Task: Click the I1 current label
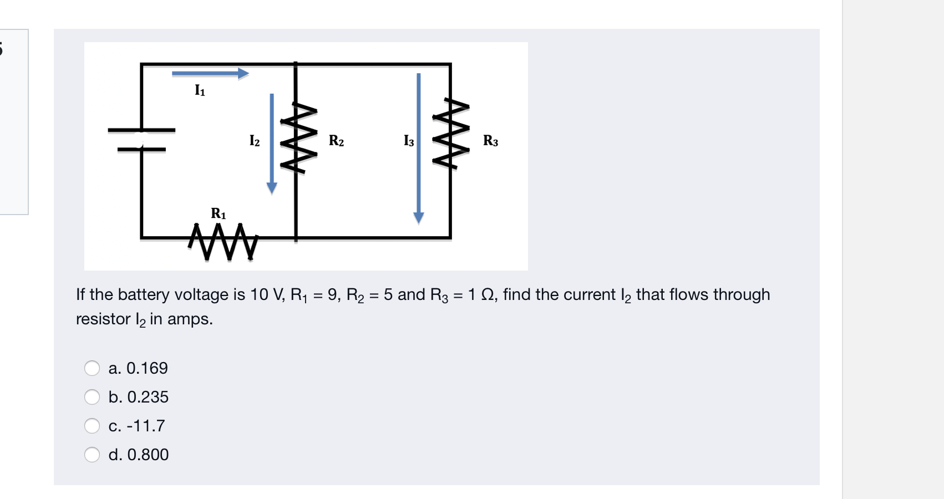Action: tap(200, 90)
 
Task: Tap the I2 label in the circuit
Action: tap(254, 141)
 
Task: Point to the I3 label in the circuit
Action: tap(409, 141)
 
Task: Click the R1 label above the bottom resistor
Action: tap(219, 213)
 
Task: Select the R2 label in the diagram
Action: tap(336, 141)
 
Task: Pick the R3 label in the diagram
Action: tap(490, 141)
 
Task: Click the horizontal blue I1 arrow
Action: tap(210, 73)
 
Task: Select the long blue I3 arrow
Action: tap(419, 147)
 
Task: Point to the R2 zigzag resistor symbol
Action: tap(298, 138)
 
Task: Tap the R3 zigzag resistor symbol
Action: tap(451, 133)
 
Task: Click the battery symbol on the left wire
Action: tap(141, 140)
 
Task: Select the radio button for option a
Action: tap(92, 368)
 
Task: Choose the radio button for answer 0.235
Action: tap(92, 397)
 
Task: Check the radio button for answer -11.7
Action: tap(92, 426)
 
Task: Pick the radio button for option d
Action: tap(92, 455)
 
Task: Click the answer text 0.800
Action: tap(148, 455)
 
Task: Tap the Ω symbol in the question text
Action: tap(488, 294)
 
